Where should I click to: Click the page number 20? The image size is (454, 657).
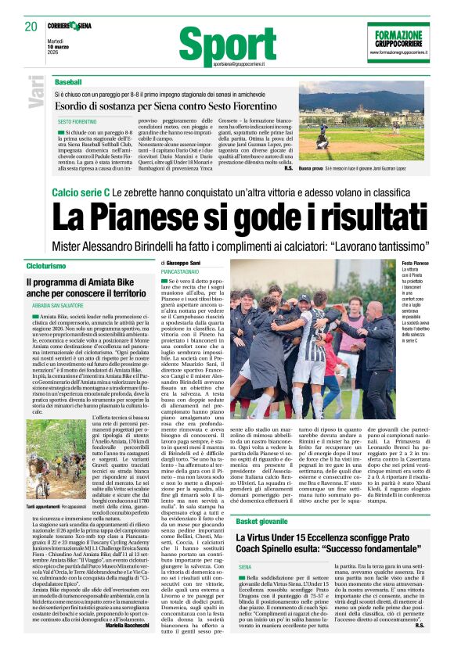31,27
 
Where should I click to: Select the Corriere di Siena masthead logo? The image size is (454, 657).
74,26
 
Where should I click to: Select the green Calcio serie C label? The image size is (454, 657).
80,192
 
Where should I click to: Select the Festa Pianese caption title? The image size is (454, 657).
416,264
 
